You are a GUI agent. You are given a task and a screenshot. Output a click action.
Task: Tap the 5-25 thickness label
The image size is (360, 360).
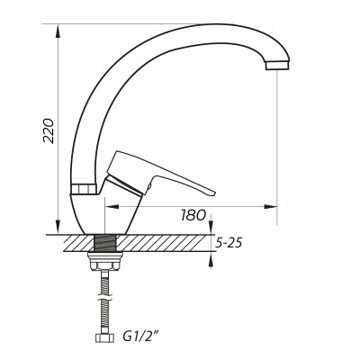[231, 243]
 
